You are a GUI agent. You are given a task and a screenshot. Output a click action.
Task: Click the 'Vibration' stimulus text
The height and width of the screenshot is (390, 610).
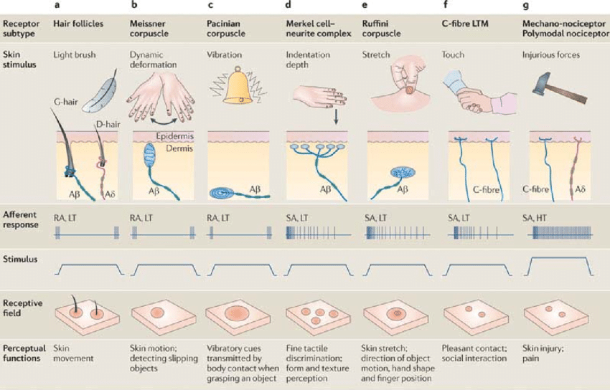224,54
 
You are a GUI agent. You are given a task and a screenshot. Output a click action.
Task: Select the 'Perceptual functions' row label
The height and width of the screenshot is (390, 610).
24,353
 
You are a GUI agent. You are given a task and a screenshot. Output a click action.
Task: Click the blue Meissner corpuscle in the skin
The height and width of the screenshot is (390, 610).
149,156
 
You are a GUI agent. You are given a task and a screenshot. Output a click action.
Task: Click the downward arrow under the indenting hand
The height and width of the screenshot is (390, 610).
334,117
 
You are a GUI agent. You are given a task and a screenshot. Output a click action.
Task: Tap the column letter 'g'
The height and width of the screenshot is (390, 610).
526,5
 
